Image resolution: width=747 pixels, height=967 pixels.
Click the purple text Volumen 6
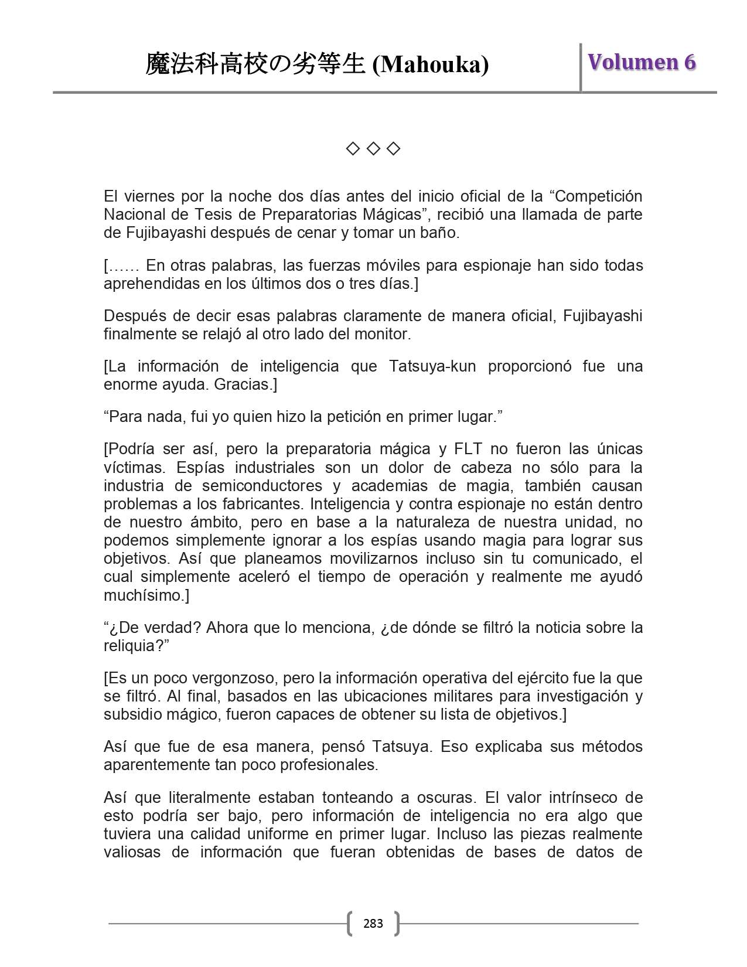pyautogui.click(x=642, y=62)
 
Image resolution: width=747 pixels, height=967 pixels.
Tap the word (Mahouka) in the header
pyautogui.click(x=431, y=64)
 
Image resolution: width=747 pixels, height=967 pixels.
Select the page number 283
pyautogui.click(x=373, y=924)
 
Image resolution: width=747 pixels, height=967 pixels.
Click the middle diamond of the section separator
pyautogui.click(x=373, y=149)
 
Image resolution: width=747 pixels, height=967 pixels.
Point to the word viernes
pyautogui.click(x=149, y=196)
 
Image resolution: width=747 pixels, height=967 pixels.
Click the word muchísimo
pyautogui.click(x=145, y=595)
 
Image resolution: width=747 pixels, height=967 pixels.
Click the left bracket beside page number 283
pyautogui.click(x=350, y=924)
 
